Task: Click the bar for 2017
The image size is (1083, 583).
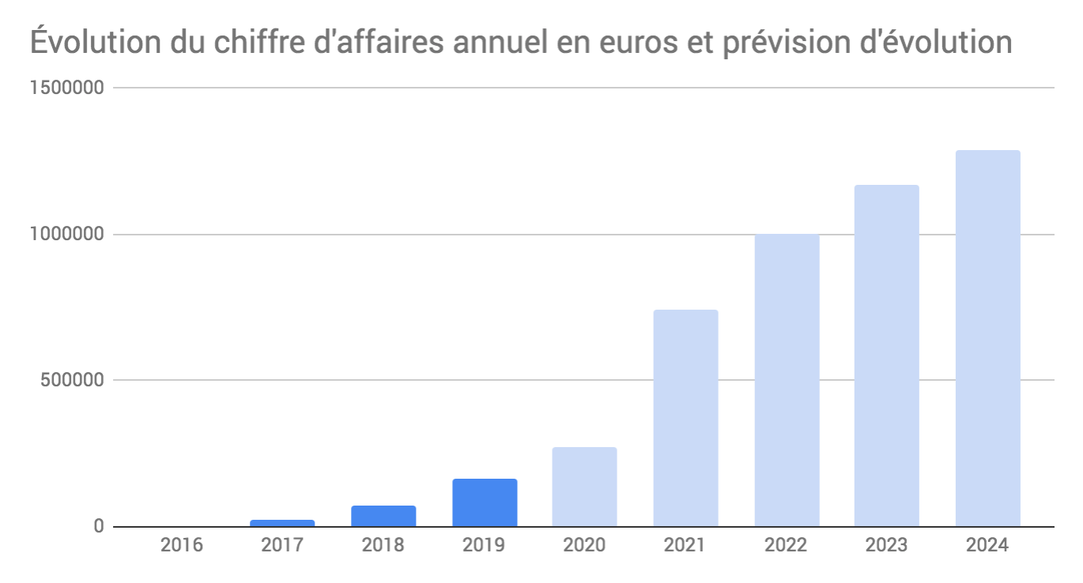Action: pyautogui.click(x=282, y=523)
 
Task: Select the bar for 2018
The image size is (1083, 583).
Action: pyautogui.click(x=383, y=516)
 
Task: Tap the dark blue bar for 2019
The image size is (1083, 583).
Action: pyautogui.click(x=485, y=502)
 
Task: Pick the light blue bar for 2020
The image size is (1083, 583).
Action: pyautogui.click(x=584, y=487)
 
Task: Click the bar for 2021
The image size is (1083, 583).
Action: pyautogui.click(x=685, y=418)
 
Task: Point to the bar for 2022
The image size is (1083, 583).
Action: pyautogui.click(x=787, y=380)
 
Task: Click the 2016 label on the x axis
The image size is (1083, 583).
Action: pyautogui.click(x=182, y=546)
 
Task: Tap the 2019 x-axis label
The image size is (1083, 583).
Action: pyautogui.click(x=485, y=546)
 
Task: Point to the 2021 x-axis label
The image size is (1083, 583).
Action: pyautogui.click(x=685, y=546)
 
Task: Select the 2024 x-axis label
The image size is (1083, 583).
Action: pyautogui.click(x=987, y=546)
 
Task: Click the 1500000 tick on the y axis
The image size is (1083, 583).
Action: pyautogui.click(x=66, y=88)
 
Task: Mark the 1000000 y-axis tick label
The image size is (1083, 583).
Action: pyautogui.click(x=66, y=235)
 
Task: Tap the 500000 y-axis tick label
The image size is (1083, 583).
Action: pyautogui.click(x=71, y=380)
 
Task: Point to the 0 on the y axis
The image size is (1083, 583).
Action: pyautogui.click(x=99, y=526)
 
